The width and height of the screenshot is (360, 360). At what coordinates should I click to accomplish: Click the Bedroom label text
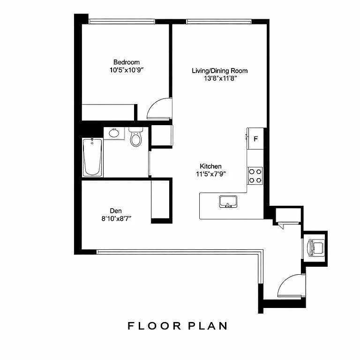[126, 62]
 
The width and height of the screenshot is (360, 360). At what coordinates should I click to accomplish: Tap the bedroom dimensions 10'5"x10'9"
[126, 70]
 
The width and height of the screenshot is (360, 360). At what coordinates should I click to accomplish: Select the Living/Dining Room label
[219, 71]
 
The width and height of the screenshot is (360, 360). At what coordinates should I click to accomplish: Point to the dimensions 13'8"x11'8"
[219, 79]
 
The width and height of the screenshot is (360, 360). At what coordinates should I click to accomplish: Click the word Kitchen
[210, 166]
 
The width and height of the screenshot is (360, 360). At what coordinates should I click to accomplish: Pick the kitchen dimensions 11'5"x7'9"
[210, 174]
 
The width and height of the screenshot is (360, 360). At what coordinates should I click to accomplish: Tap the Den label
[116, 210]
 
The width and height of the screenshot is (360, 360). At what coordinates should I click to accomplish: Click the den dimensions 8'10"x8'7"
[116, 218]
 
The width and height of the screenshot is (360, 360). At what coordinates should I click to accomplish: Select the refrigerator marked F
[256, 139]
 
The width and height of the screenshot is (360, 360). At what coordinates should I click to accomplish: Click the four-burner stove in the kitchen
[255, 175]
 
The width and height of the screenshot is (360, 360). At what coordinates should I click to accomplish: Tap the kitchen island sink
[228, 202]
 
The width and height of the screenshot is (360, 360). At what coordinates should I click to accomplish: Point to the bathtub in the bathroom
[92, 157]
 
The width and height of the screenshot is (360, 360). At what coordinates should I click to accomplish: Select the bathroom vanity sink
[114, 133]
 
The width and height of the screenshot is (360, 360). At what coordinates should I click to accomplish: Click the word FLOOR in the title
[152, 326]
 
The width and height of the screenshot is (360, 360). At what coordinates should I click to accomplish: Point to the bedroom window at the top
[122, 21]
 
